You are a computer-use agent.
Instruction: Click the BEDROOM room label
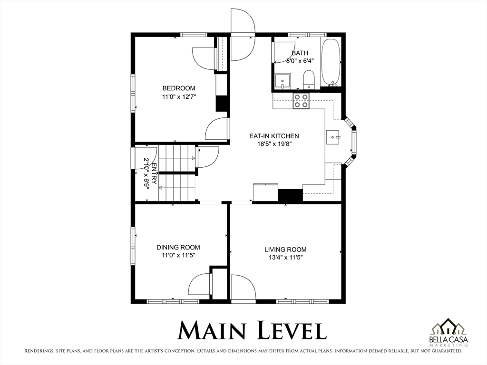[x=179, y=88]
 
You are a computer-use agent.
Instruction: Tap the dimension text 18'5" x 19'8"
[x=274, y=144]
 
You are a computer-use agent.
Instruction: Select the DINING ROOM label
[x=178, y=247]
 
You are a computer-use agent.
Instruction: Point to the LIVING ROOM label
[x=285, y=250]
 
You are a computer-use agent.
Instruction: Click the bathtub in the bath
[x=331, y=62]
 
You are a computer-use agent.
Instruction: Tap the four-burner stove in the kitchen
[x=301, y=101]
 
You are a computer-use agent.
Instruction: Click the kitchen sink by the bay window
[x=333, y=137]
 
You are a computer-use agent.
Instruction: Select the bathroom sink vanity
[x=282, y=81]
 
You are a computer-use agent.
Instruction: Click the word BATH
[x=300, y=53]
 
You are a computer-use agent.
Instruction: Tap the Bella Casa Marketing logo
[x=448, y=332]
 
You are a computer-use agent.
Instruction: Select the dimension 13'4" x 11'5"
[x=286, y=257]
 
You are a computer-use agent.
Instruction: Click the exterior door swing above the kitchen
[x=243, y=35]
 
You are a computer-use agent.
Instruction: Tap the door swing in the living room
[x=243, y=287]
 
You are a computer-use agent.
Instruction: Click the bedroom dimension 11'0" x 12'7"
[x=179, y=97]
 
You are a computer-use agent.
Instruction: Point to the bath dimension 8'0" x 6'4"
[x=300, y=61]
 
